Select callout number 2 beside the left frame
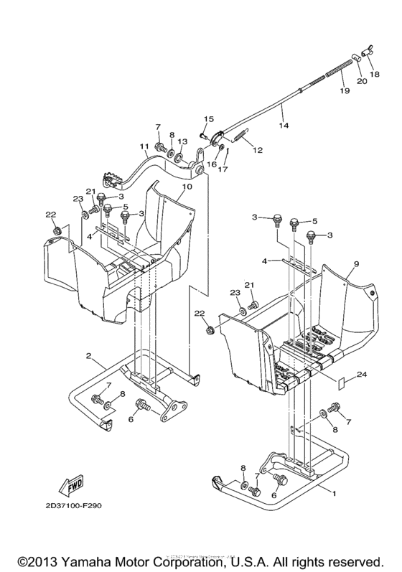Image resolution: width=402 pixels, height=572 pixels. click(x=88, y=355)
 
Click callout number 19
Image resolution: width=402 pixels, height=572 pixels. click(x=344, y=91)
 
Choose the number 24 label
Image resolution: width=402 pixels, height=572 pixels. click(x=362, y=373)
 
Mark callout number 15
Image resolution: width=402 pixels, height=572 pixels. click(x=210, y=119)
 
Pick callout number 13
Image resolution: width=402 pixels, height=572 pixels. click(x=182, y=141)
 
